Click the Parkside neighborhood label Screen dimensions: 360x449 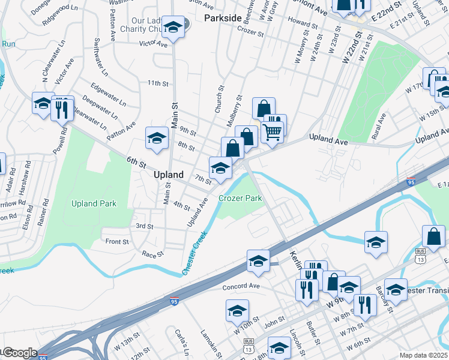223,18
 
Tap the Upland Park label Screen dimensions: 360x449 94,203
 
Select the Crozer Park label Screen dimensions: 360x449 240,198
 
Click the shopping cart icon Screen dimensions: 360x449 273,131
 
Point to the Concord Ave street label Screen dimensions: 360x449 241,286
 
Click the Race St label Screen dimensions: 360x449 153,254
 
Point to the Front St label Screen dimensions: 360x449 117,242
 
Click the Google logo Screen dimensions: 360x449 19,353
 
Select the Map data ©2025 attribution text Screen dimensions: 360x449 423,355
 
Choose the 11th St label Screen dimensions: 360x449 158,83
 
